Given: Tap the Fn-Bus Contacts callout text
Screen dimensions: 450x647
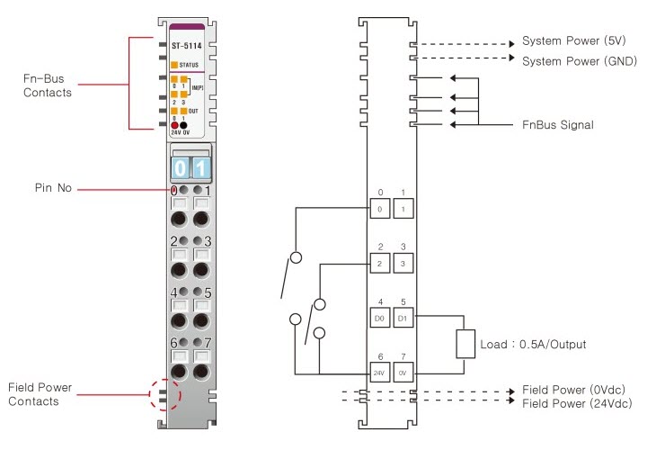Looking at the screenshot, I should [48, 85].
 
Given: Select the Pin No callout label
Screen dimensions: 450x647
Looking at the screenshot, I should [54, 189].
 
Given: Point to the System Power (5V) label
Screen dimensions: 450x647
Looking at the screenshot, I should [573, 42].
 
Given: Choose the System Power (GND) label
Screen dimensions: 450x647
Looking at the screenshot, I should [579, 60].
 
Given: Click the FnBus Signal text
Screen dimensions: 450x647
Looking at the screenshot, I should [557, 124].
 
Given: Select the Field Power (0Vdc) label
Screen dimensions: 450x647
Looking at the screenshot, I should [573, 390].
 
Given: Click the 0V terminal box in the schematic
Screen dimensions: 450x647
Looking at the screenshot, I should [403, 372].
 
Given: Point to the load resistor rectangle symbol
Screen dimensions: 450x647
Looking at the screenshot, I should [465, 344].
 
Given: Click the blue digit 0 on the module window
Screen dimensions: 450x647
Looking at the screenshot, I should [181, 168].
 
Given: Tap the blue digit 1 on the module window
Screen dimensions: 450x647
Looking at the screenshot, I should [200, 168].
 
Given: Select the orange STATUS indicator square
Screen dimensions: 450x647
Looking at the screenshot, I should [174, 65].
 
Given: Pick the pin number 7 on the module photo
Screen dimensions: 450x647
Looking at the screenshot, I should [208, 343].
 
